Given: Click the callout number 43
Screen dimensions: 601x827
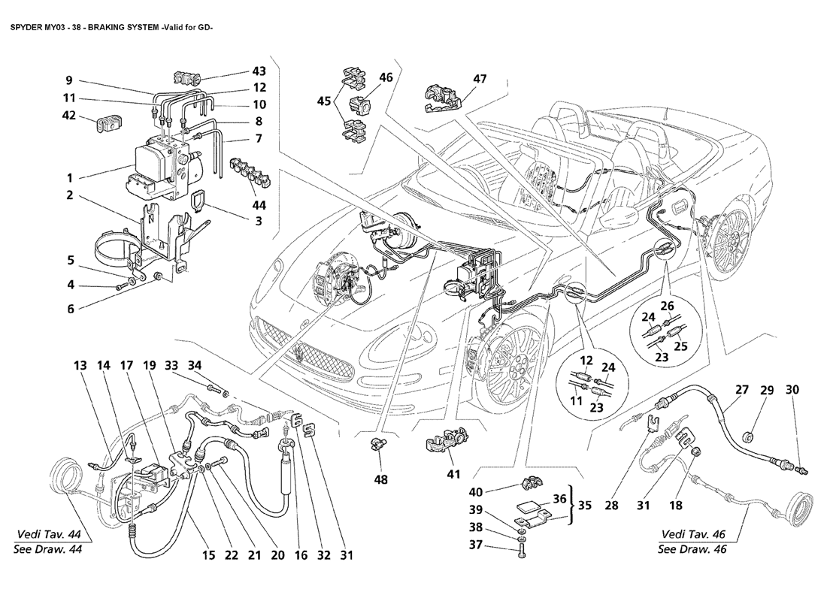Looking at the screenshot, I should tap(259, 71).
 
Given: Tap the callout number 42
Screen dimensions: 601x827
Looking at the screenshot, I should tap(68, 116).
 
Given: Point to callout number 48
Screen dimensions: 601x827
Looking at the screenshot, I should tap(382, 478).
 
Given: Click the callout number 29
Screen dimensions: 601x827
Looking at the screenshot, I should tap(767, 391).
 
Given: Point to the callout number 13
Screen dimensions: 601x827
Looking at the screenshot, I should tap(80, 366).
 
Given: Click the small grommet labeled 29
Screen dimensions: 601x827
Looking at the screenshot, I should tap(748, 437).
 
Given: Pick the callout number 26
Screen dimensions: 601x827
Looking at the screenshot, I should tap(667, 306).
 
